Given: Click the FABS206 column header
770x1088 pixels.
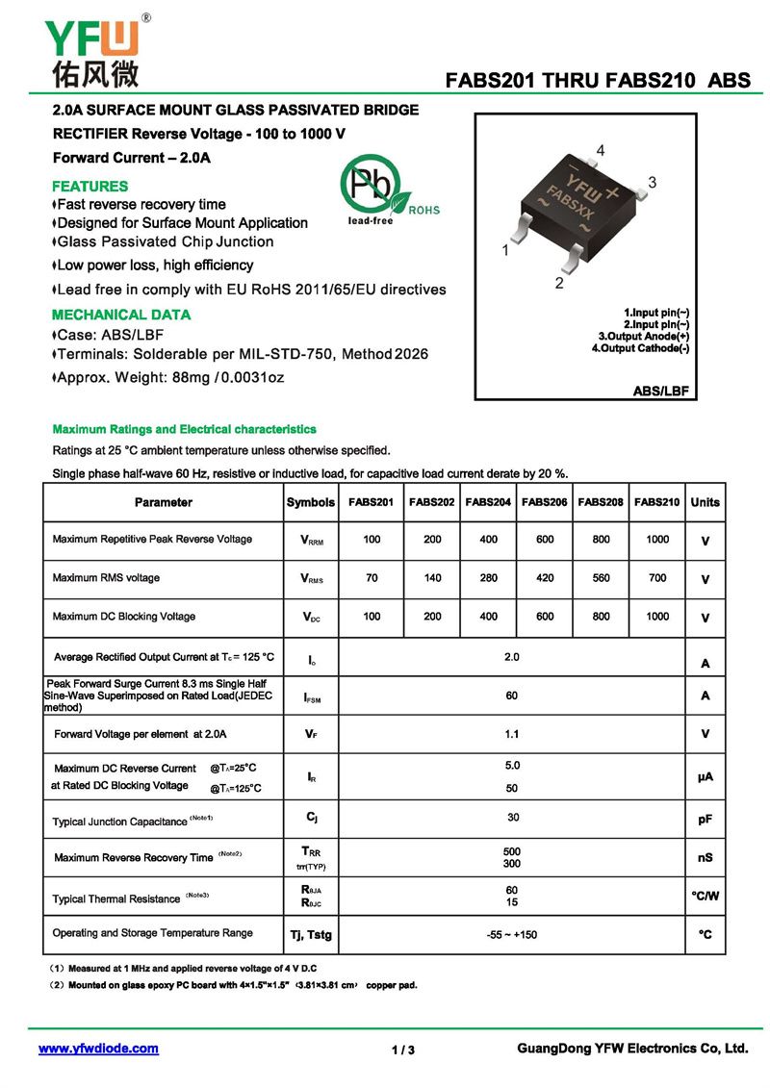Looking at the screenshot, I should [545, 502].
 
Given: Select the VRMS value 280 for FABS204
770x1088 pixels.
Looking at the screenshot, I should [488, 578].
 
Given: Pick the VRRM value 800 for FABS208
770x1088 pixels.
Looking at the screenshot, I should [602, 540].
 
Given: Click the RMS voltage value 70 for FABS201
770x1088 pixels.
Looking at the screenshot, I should [372, 578].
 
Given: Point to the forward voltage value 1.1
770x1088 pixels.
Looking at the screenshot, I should [511, 734].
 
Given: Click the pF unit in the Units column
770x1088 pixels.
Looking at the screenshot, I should [705, 820].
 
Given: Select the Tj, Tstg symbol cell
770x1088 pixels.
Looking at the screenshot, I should [311, 934].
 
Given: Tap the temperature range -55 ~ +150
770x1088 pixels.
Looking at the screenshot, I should [511, 934].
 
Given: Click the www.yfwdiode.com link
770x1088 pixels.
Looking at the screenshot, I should [98, 1049].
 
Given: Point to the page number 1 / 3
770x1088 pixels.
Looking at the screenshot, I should [403, 1050].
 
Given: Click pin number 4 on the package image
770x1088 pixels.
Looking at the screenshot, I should [600, 151].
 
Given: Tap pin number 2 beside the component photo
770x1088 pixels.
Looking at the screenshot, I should [558, 283].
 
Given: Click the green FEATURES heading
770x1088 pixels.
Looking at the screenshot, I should [90, 186].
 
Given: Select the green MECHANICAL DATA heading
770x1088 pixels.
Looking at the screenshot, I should [121, 315].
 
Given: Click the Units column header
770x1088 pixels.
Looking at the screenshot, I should [705, 502].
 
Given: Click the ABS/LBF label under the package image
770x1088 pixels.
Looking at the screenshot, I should [663, 391].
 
